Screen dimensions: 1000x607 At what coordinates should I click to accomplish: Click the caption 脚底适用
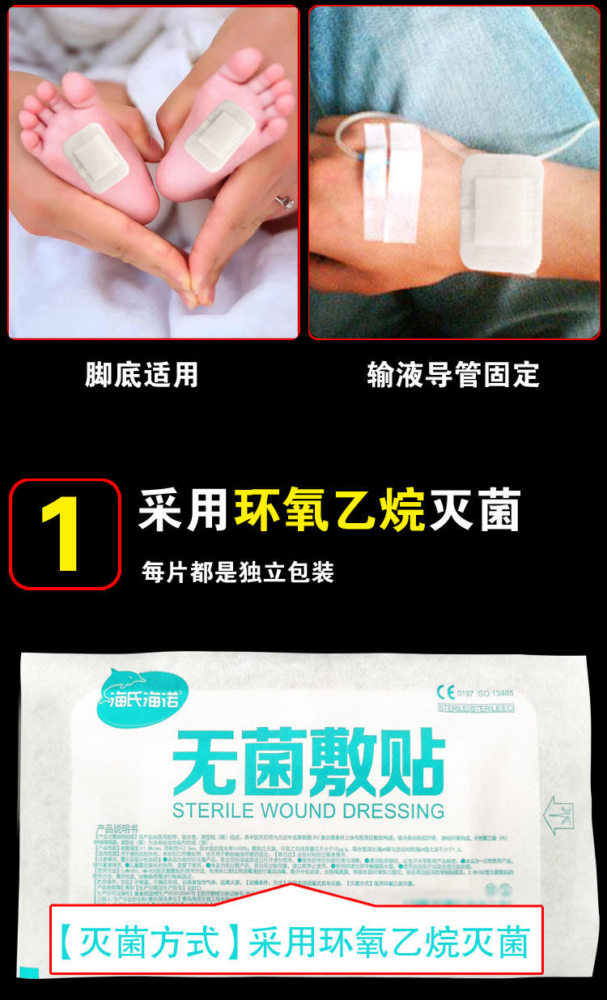coord(142,374)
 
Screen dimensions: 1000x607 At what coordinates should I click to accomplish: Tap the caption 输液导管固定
coord(452,374)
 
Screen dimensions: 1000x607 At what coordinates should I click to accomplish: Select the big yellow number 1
coord(63,534)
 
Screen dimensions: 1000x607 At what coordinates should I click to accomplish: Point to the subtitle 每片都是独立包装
coord(238,572)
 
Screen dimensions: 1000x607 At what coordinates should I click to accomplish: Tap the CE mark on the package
coord(446,692)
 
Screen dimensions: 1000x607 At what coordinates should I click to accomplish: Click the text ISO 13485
coord(495,693)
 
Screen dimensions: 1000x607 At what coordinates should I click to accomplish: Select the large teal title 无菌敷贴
coord(308,762)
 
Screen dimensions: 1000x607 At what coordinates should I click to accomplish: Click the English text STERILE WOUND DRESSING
coord(308,811)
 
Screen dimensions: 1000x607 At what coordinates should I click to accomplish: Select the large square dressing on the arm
coord(503,214)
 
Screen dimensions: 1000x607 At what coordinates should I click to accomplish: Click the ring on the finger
coord(286,202)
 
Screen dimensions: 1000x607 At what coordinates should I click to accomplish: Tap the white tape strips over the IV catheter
coord(390,181)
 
